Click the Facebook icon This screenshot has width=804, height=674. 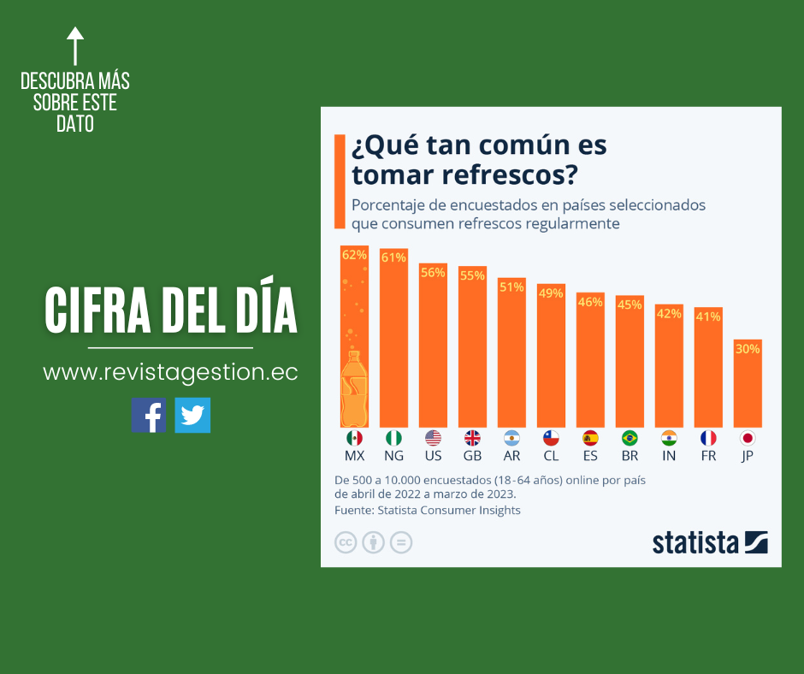149,415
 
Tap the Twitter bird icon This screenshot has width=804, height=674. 192,415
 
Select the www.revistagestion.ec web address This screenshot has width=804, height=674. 170,373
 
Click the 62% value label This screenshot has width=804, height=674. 354,255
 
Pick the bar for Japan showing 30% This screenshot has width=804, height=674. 748,385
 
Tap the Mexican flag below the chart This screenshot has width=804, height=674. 354,438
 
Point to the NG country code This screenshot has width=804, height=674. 393,456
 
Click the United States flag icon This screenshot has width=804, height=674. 433,438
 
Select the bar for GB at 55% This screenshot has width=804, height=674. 472,351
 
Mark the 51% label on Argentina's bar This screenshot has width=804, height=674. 511,287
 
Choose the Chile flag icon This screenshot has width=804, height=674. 551,438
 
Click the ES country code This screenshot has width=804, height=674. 590,456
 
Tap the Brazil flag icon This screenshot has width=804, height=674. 630,438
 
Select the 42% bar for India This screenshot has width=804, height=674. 669,368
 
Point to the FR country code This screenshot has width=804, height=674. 708,456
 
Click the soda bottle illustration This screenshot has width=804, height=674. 354,389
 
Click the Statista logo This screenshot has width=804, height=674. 710,542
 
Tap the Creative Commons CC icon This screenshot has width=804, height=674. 346,542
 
